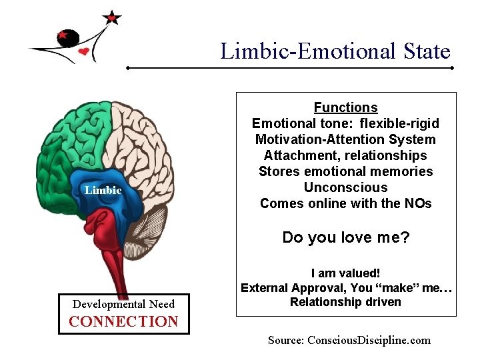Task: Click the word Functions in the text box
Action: coord(345,107)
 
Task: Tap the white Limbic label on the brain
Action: coord(103,191)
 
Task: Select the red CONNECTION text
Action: coord(123,321)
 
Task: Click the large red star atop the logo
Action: coord(112,18)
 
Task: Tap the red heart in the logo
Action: coord(83,51)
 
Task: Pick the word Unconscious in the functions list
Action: coord(345,187)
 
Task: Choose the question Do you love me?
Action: coord(345,237)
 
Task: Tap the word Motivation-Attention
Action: coord(313,139)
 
